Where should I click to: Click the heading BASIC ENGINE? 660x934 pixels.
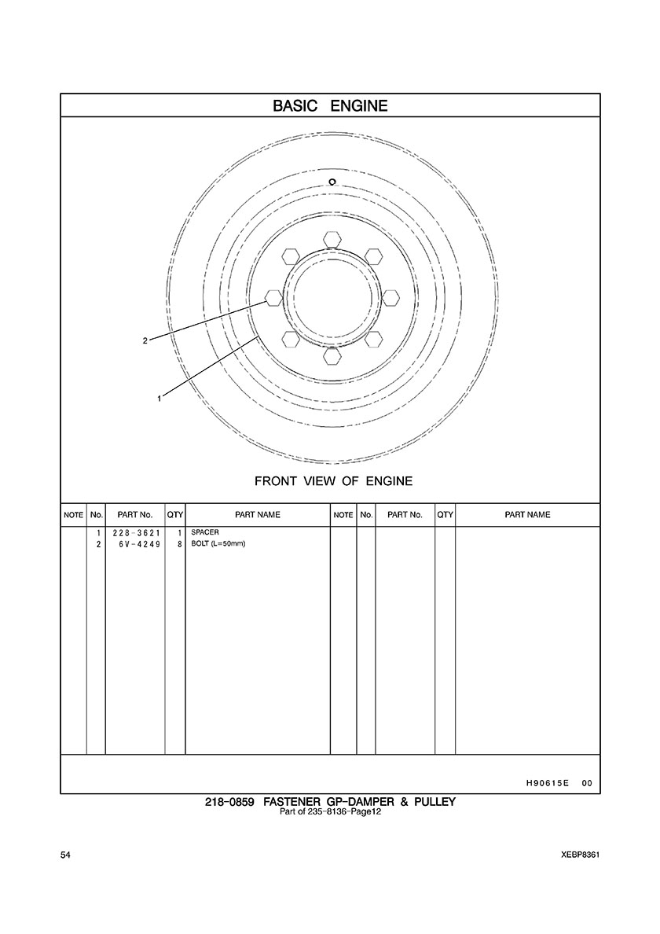(x=330, y=106)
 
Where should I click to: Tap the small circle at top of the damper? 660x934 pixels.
(x=333, y=182)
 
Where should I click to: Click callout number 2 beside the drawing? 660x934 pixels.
(x=145, y=341)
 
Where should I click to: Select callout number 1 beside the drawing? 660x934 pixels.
(x=159, y=399)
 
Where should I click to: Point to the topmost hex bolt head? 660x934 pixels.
(x=332, y=237)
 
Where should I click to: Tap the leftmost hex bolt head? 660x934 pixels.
(x=273, y=297)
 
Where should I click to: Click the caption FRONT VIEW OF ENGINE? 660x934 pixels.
(x=333, y=480)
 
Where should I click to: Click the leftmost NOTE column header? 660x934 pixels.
(x=73, y=515)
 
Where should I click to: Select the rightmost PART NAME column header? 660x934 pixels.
(x=527, y=515)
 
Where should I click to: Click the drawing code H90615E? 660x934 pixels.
(x=548, y=783)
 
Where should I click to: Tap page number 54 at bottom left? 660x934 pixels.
(x=65, y=855)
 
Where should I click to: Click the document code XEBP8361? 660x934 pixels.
(x=581, y=855)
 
